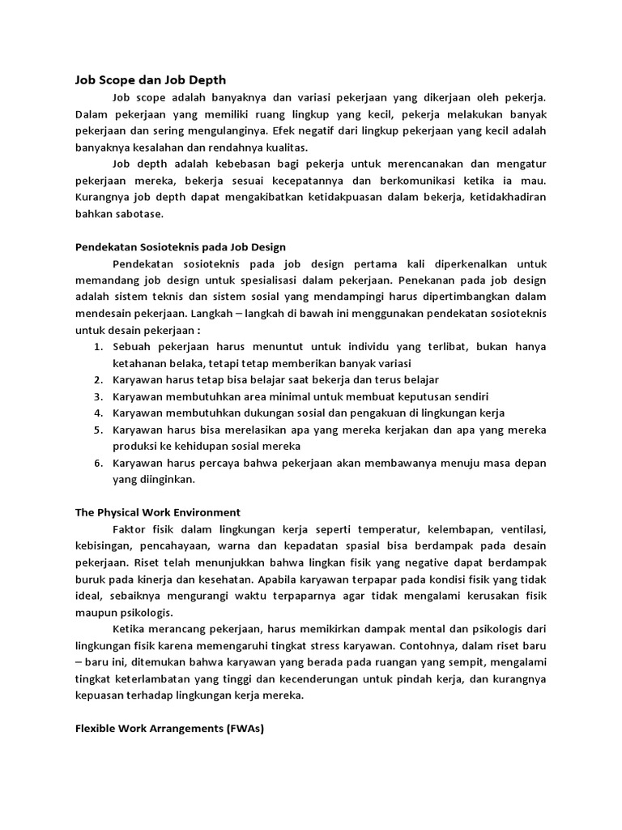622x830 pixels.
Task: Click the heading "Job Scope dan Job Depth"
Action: [150, 79]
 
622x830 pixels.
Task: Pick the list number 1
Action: [97, 347]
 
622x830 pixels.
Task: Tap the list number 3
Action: [97, 396]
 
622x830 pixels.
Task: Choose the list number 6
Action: [97, 463]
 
